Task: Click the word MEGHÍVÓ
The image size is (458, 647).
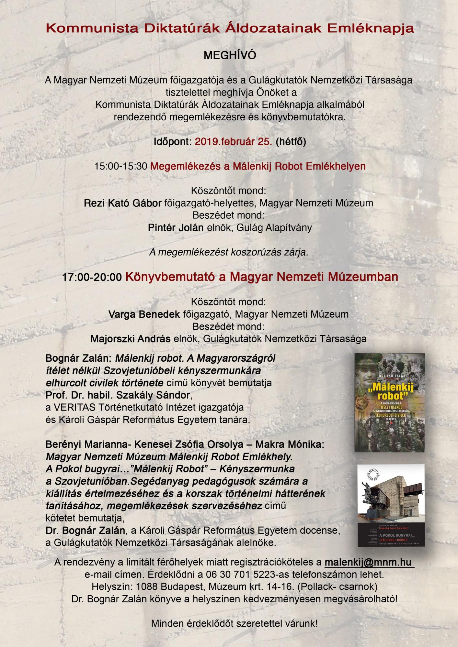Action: click(x=229, y=56)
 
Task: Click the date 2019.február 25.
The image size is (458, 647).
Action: click(x=233, y=142)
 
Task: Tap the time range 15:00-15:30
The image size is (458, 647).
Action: click(x=121, y=166)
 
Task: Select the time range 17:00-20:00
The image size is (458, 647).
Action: click(x=92, y=277)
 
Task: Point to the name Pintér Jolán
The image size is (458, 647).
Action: click(x=176, y=227)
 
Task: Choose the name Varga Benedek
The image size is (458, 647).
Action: click(x=144, y=314)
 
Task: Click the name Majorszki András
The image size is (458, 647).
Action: click(x=131, y=339)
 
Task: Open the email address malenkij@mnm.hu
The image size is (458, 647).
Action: click(x=369, y=562)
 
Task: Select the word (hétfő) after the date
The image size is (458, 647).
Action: click(x=291, y=142)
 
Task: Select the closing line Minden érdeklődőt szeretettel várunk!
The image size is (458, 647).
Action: click(x=234, y=623)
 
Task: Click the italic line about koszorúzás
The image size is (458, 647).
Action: click(x=228, y=252)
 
